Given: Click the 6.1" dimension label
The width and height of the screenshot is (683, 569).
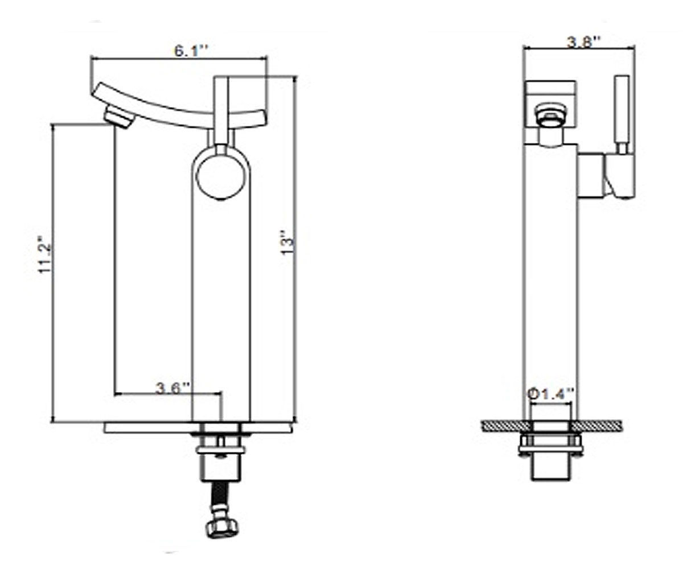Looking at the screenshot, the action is pos(191,51).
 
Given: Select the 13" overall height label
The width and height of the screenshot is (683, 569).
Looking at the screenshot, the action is pos(288,242).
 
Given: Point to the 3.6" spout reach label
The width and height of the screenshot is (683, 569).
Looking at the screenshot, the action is pos(172,389).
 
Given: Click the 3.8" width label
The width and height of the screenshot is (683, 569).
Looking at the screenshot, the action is pos(583,42).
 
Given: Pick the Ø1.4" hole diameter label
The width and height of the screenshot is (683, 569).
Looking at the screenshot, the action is pos(552,394).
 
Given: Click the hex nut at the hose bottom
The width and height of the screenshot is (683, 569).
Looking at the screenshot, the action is pos(222,526).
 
